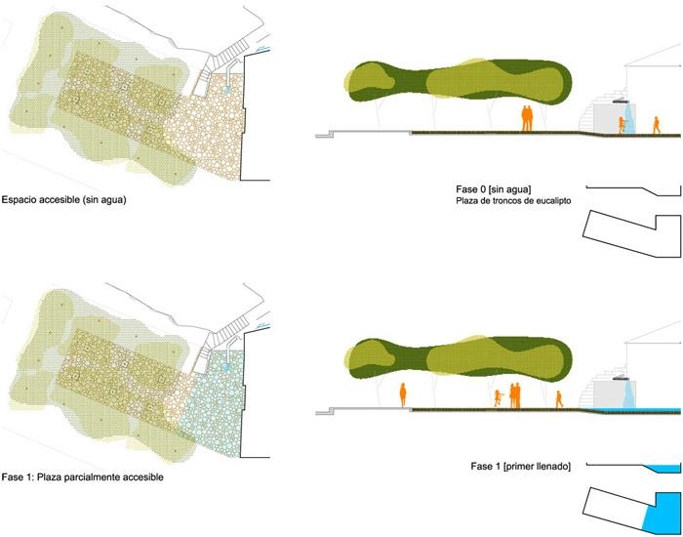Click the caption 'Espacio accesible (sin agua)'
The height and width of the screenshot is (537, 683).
[x=63, y=200]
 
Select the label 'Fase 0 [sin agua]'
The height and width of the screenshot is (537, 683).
[x=493, y=189]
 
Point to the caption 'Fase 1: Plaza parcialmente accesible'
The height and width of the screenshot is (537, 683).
[x=82, y=477]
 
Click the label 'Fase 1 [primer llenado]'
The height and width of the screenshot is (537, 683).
[x=520, y=467]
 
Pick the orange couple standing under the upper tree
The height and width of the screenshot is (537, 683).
[x=527, y=118]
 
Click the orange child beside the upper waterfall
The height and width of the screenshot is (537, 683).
[x=622, y=125]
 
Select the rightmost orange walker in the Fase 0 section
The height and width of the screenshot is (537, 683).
[x=656, y=126]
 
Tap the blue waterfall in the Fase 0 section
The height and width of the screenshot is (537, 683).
[x=628, y=117]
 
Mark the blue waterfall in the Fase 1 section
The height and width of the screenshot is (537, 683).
[x=628, y=393]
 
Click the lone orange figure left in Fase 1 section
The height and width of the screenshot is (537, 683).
[x=403, y=395]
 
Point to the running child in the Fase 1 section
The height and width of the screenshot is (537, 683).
[x=498, y=398]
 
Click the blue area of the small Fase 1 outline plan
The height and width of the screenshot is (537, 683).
[x=663, y=514]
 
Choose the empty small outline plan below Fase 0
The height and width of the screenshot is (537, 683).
[x=632, y=233]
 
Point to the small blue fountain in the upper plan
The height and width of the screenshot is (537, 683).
[x=227, y=90]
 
